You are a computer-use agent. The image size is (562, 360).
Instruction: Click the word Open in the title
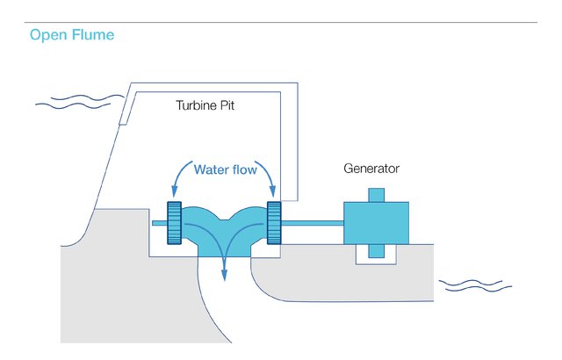pyautogui.click(x=48, y=36)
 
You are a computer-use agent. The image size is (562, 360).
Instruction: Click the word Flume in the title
pyautogui.click(x=92, y=35)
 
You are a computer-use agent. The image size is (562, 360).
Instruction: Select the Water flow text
pyautogui.click(x=226, y=169)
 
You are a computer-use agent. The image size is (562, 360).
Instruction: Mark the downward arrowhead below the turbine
pyautogui.click(x=225, y=274)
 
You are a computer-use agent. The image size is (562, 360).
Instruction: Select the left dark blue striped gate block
pyautogui.click(x=173, y=223)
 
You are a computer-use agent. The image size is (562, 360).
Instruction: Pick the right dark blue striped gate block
pyautogui.click(x=273, y=223)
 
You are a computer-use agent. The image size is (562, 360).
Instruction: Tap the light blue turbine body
pyautogui.click(x=223, y=230)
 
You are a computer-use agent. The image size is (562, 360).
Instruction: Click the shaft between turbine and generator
pyautogui.click(x=312, y=223)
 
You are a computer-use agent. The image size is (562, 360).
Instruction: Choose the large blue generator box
pyautogui.click(x=376, y=223)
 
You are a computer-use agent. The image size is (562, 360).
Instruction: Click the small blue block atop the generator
pyautogui.click(x=376, y=194)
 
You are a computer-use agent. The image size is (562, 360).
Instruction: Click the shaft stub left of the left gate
pyautogui.click(x=158, y=223)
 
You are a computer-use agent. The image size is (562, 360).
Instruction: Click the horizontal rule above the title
pyautogui.click(x=281, y=23)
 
